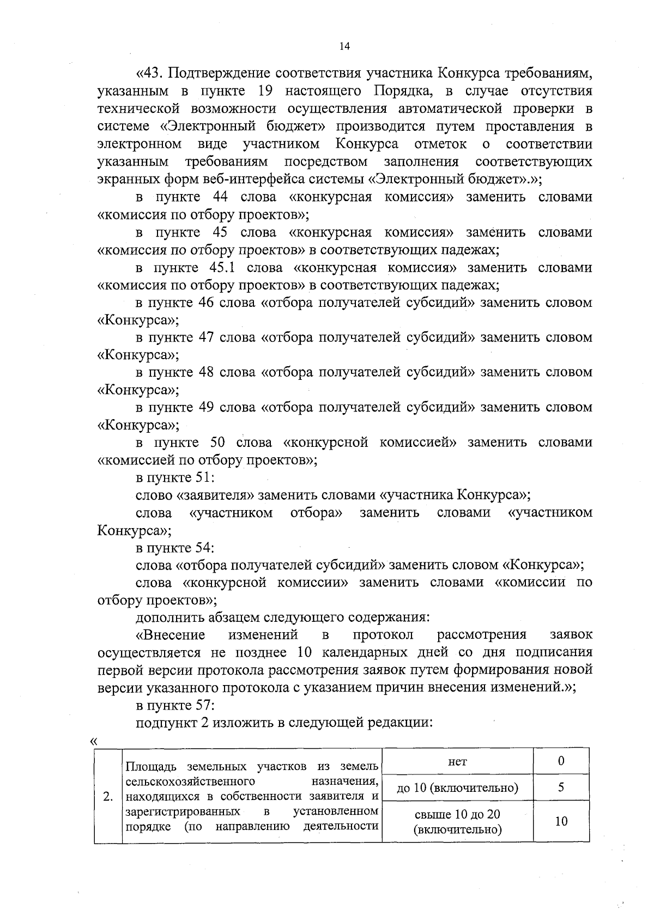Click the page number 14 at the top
coord(344,46)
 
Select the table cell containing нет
coord(457,762)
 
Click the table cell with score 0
coord(561,761)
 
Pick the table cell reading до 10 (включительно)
coord(457,788)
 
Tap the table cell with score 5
coord(561,787)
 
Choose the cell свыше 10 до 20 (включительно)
coord(457,822)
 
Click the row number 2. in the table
coord(108,797)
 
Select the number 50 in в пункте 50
coord(219,442)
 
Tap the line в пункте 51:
coord(175,477)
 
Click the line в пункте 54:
coord(175,547)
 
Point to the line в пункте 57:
coord(175,705)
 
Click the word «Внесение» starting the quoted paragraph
coord(170,635)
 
